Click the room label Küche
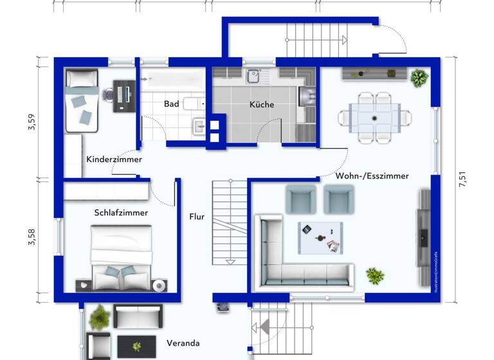click(262, 104)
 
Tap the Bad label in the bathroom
click(171, 104)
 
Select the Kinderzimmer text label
click(114, 159)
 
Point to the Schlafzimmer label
click(121, 212)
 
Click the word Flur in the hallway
click(196, 217)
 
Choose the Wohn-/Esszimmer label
click(372, 175)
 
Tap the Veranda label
click(183, 343)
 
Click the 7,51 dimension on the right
click(462, 179)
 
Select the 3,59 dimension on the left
click(31, 122)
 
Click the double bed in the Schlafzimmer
click(121, 257)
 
